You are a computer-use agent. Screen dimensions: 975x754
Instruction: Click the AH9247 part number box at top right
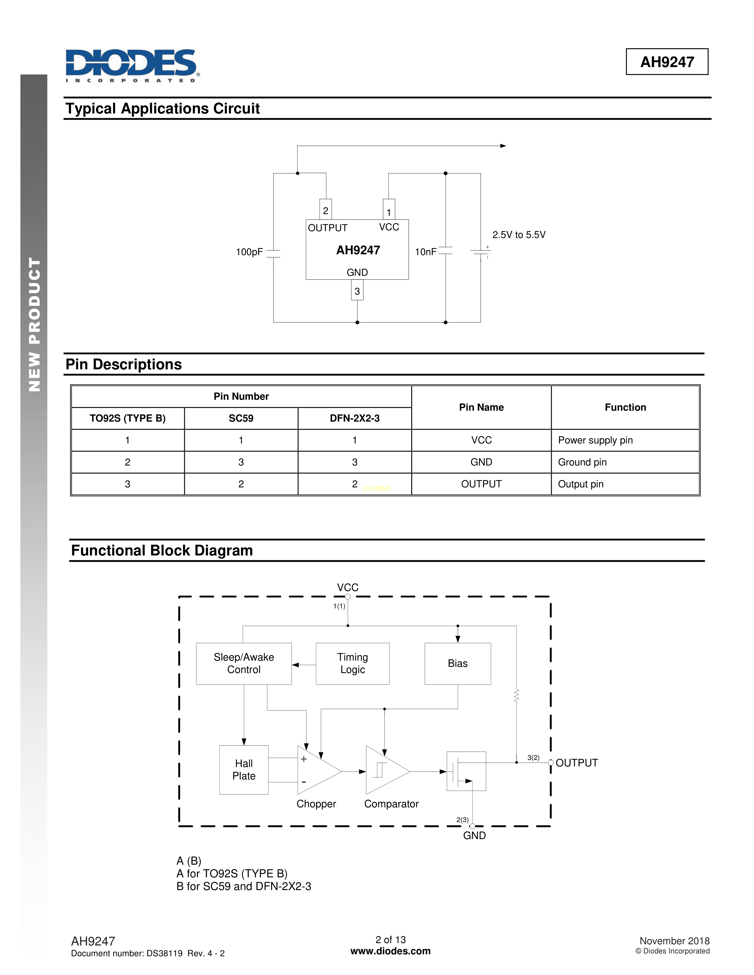(x=667, y=62)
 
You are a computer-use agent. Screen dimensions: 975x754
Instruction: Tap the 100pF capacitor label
(x=249, y=252)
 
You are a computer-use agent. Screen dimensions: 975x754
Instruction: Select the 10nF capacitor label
(x=425, y=252)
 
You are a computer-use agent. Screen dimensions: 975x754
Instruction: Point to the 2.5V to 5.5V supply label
(x=519, y=235)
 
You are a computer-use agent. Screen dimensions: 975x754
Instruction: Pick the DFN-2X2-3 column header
(x=355, y=418)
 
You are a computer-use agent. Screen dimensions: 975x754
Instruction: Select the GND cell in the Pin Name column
(x=481, y=462)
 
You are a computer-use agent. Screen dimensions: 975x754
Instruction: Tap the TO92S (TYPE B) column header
(x=127, y=418)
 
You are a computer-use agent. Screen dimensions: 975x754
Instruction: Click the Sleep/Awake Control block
(x=244, y=663)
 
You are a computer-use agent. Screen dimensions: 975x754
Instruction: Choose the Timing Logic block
(x=352, y=663)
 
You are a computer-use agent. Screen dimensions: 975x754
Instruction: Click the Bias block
(x=457, y=663)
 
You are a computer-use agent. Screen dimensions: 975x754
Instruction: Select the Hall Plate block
(x=244, y=770)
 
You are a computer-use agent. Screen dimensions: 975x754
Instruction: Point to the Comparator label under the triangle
(x=391, y=804)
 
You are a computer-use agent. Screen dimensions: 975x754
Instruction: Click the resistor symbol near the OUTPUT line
(x=516, y=695)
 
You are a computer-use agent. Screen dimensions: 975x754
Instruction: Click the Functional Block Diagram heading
(x=162, y=550)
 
